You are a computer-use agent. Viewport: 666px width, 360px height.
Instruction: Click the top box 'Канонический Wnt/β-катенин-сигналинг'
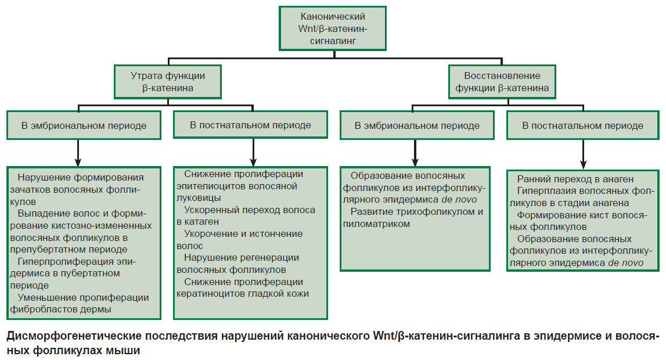(333, 28)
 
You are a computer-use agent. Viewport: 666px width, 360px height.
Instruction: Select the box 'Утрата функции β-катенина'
(168, 82)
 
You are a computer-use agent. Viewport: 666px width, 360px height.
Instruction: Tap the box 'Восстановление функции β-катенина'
(502, 82)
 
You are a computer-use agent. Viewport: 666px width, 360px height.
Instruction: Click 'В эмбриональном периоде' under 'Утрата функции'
(84, 125)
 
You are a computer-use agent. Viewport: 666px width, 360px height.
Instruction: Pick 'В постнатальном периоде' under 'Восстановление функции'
(583, 125)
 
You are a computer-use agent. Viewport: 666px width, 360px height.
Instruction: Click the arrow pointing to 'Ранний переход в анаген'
(583, 154)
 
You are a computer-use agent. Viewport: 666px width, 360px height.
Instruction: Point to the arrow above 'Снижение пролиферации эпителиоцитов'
(253, 152)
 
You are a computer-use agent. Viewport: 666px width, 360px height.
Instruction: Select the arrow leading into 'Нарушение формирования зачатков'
(78, 153)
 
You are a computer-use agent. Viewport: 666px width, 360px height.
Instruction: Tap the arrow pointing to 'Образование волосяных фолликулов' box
(415, 153)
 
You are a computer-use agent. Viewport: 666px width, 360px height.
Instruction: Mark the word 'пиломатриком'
(376, 224)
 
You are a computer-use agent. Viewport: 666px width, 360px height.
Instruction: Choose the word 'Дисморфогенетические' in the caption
(74, 336)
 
